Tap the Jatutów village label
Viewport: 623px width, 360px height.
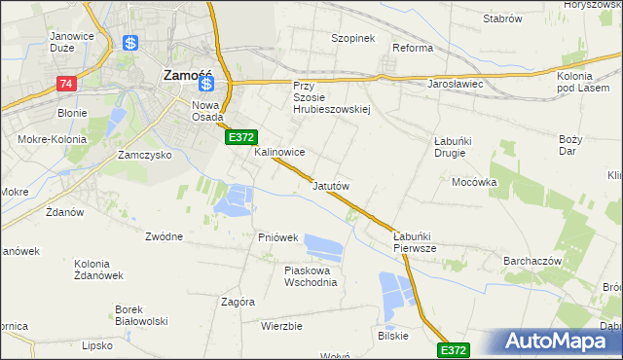(330, 185)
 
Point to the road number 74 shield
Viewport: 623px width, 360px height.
(65, 85)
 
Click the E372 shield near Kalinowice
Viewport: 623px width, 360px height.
(241, 139)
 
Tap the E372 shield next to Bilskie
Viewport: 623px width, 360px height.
(454, 349)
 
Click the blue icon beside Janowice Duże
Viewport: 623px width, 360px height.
(131, 44)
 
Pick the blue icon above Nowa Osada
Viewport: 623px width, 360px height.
(206, 85)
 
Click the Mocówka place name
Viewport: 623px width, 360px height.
(474, 182)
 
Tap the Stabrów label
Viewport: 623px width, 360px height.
(502, 18)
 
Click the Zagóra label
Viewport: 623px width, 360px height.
(238, 302)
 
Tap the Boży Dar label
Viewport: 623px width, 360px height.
(570, 145)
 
